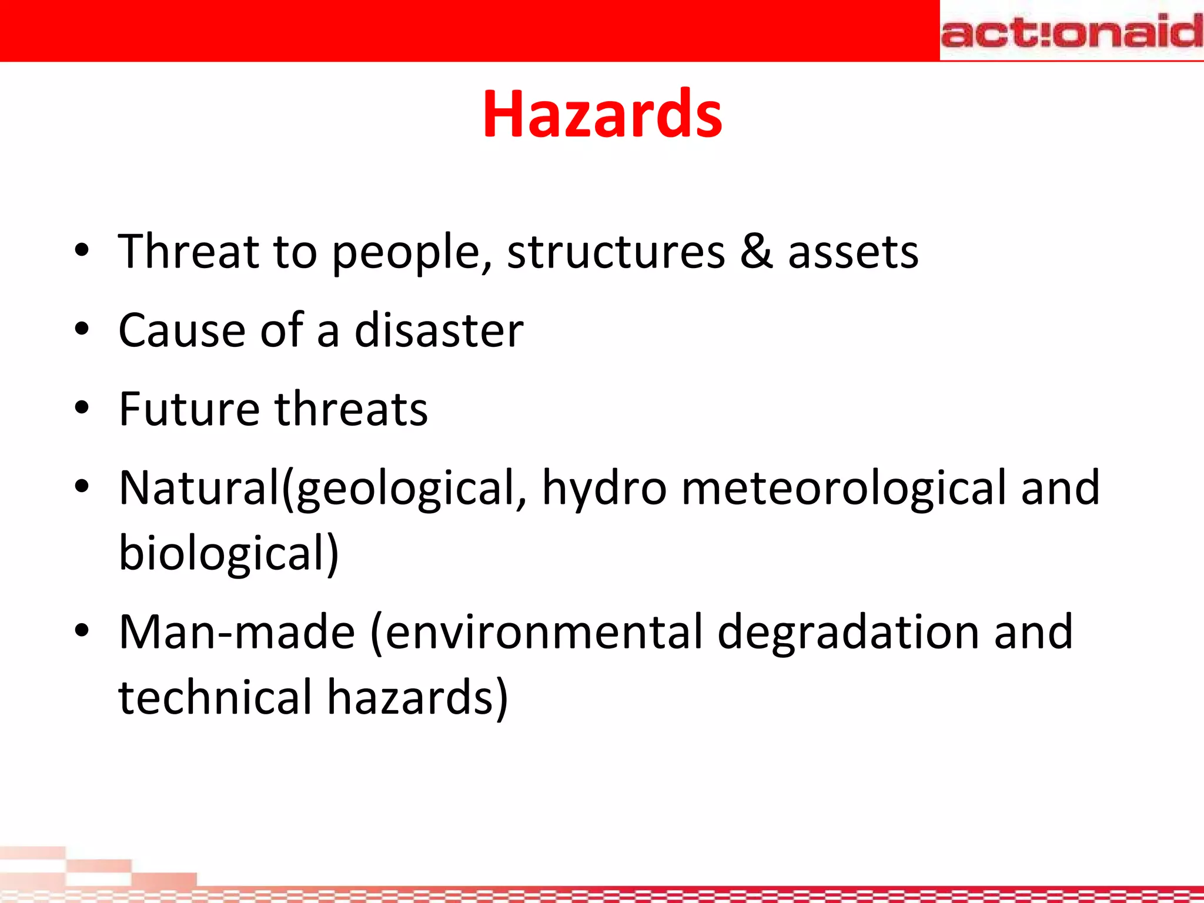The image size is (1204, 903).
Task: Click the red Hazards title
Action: [x=602, y=114]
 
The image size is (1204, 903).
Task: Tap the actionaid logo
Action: [x=1071, y=32]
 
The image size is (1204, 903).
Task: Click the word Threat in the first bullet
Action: [x=188, y=252]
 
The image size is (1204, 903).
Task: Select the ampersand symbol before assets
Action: [x=756, y=252]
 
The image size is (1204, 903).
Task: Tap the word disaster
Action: [x=439, y=330]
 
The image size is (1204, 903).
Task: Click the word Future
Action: [x=189, y=409]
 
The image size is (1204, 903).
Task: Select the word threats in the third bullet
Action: [x=352, y=409]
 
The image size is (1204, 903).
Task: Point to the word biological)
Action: [x=229, y=554]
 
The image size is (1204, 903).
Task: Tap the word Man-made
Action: [x=237, y=633]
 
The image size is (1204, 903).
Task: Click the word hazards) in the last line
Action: [x=417, y=698]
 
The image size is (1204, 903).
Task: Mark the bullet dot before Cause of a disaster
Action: [x=82, y=329]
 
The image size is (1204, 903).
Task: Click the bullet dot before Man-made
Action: [x=82, y=630]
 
